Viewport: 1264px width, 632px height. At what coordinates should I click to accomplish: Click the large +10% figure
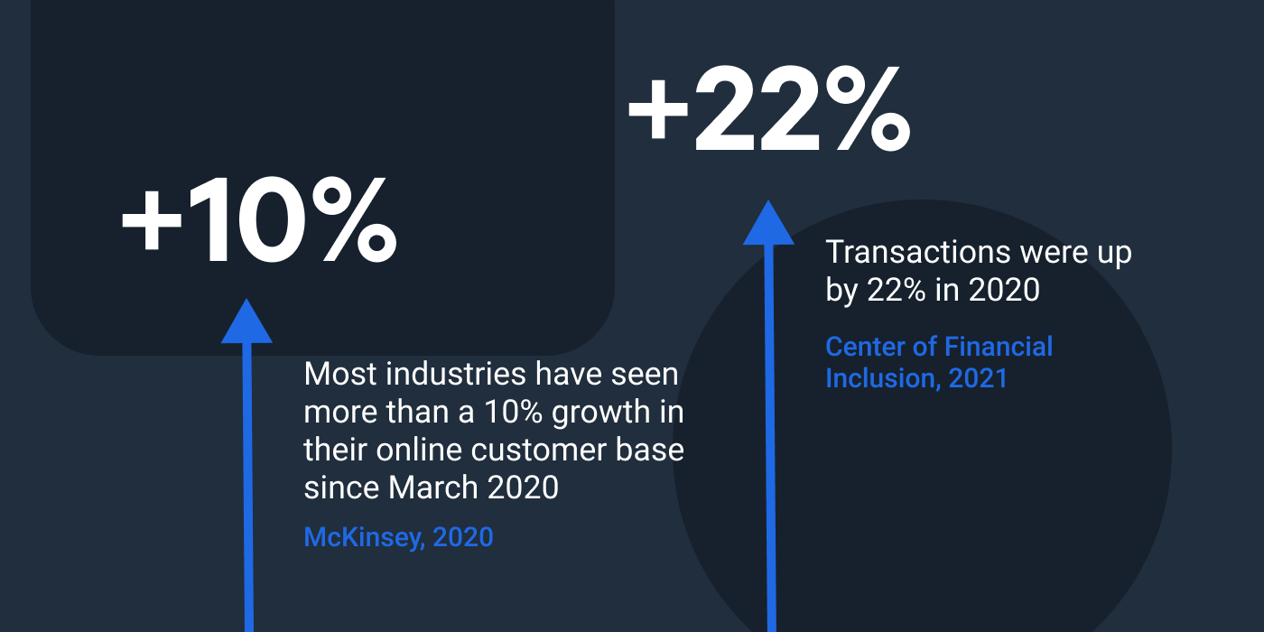[x=259, y=221]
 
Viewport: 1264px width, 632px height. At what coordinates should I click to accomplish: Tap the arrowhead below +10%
[x=246, y=322]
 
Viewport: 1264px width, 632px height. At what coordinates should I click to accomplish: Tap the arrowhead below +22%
[x=768, y=223]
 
